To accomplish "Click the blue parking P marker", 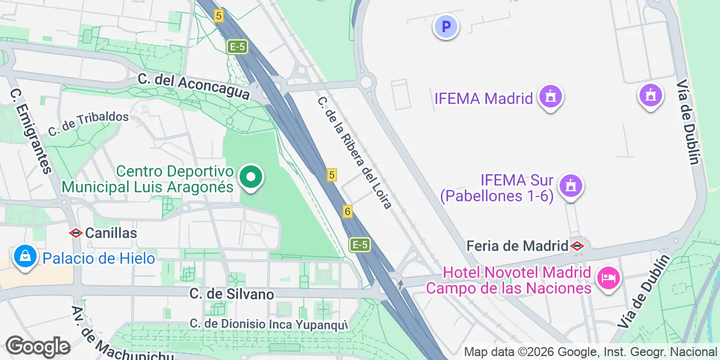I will [445, 26].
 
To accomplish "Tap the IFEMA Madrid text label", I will [483, 98].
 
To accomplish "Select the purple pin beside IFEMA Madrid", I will [550, 97].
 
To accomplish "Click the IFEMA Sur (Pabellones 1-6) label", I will [497, 188].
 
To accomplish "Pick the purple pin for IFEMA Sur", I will [571, 185].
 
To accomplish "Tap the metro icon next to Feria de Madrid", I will [577, 246].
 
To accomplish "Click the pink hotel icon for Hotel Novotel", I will [609, 277].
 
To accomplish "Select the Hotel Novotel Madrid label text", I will [508, 281].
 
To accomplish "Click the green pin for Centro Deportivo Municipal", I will [251, 177].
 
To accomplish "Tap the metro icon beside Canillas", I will [76, 232].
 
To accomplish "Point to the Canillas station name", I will [111, 232].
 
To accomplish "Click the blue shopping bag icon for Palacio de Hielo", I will [25, 256].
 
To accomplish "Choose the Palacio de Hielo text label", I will [99, 259].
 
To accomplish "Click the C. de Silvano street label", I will [232, 294].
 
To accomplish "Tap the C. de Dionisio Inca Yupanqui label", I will [269, 324].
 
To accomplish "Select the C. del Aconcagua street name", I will [193, 87].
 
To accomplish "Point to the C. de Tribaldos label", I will [88, 123].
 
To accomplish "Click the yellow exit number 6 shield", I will [348, 211].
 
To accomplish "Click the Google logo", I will [38, 346].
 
